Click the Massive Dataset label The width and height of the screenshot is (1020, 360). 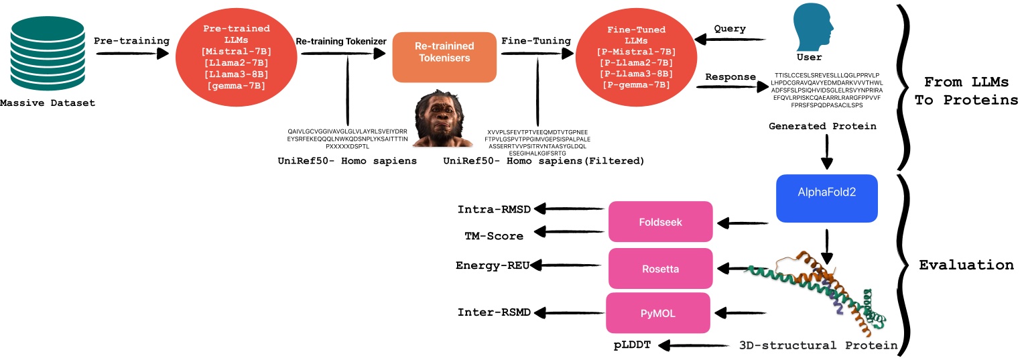[x=47, y=103]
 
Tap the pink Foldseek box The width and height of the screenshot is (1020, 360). [x=659, y=222]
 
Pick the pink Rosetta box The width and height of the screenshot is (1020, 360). [x=659, y=268]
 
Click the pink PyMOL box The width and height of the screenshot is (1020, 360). [x=659, y=312]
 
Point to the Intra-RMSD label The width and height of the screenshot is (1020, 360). [x=494, y=209]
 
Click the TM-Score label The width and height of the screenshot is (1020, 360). [x=494, y=235]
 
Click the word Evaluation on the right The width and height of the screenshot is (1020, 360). [x=966, y=265]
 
